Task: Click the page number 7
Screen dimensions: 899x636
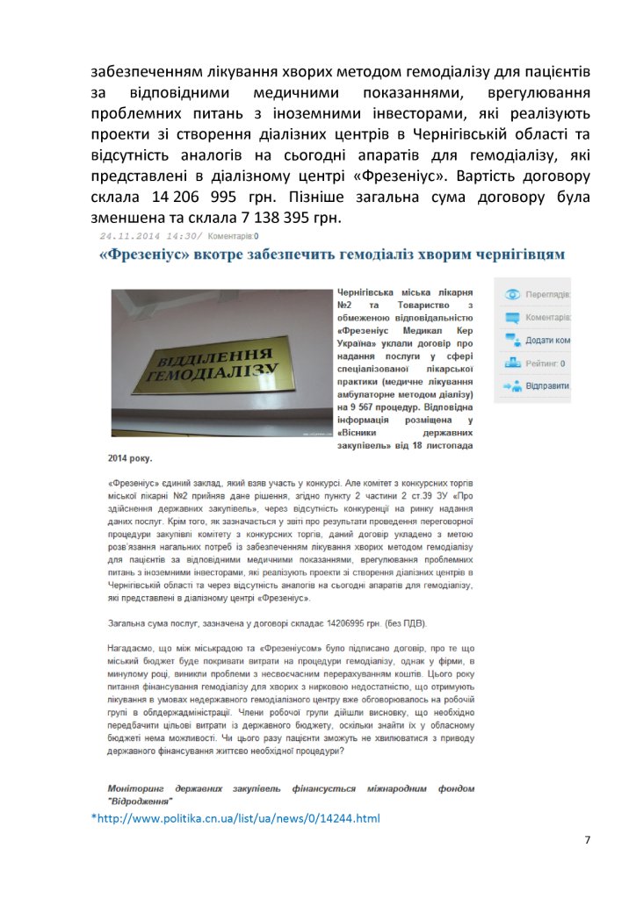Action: [587, 840]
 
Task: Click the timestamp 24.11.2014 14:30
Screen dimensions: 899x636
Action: [149, 235]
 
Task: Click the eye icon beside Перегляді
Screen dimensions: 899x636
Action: [511, 294]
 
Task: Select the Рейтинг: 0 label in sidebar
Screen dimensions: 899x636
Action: [546, 363]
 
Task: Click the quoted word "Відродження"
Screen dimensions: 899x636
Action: [140, 802]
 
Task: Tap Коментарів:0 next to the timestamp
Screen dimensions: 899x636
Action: [233, 235]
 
